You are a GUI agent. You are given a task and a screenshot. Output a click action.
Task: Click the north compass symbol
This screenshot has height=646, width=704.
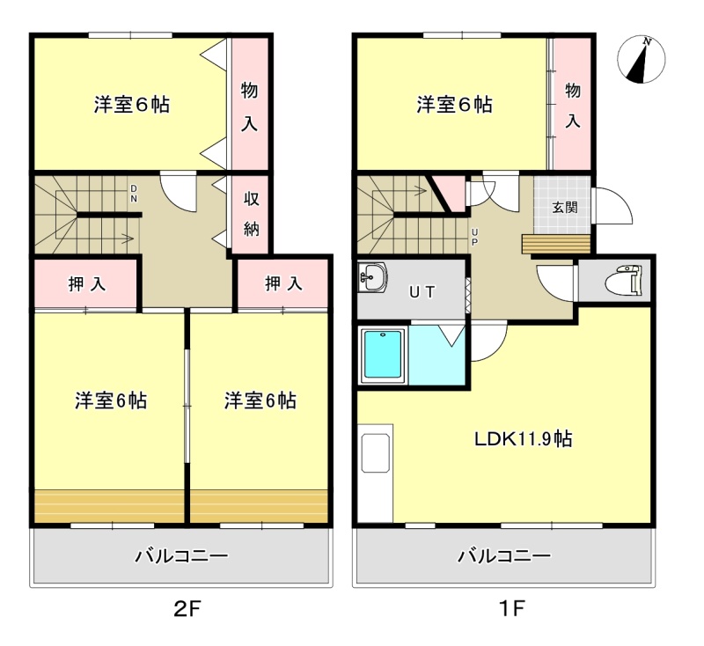[642, 60]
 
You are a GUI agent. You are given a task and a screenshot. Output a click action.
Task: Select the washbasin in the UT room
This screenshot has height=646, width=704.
[372, 277]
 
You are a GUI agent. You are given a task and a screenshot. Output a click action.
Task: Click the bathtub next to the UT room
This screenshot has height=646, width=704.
[383, 355]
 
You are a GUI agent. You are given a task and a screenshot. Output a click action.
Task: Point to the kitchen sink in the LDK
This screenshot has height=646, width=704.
[375, 453]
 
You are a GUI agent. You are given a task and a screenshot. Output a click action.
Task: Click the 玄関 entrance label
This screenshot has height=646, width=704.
[565, 208]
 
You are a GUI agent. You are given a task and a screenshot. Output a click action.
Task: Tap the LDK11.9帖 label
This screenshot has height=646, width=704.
[524, 438]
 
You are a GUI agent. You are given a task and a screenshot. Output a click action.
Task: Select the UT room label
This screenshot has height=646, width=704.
[422, 292]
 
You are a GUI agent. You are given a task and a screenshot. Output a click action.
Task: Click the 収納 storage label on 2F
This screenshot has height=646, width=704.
[252, 214]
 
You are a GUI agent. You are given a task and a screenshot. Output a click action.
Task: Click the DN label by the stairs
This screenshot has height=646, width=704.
[134, 194]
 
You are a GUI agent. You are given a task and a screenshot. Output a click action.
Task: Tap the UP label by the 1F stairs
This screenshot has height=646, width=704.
[474, 238]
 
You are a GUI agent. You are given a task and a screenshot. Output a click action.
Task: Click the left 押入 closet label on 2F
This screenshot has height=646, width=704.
[86, 284]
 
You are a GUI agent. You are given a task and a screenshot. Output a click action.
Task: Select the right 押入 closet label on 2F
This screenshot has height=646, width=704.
[283, 283]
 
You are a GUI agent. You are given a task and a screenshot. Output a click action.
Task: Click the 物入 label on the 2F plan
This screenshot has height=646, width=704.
[249, 106]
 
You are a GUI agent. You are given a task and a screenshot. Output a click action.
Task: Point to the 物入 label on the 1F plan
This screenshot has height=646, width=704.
[573, 106]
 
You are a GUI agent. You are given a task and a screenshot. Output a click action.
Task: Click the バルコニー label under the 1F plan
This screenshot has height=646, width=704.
[503, 556]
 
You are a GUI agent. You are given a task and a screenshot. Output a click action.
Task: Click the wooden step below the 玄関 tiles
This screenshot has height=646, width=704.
[556, 244]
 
